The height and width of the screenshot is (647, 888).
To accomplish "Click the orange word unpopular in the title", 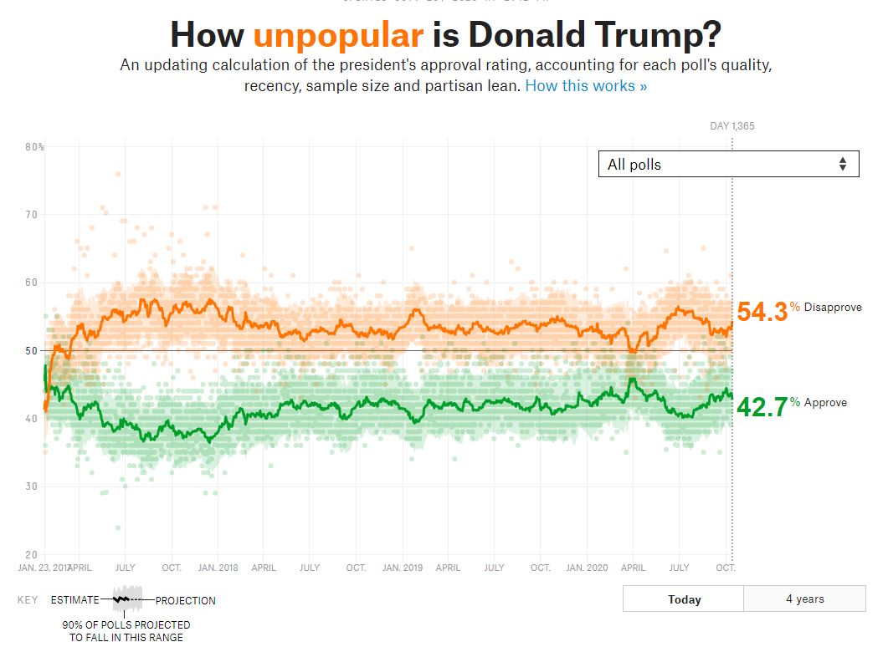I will pos(338,35).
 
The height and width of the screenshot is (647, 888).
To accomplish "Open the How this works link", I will pos(586,85).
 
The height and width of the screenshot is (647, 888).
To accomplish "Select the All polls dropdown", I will pos(728,164).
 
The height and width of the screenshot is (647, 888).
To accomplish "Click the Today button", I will pos(684,599).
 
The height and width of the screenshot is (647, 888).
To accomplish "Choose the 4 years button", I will pos(804,599).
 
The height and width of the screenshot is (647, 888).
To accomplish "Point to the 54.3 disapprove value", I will pos(762,312).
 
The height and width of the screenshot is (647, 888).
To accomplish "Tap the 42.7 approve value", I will pos(762,407).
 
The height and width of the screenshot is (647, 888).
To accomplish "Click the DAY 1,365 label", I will pos(731,126).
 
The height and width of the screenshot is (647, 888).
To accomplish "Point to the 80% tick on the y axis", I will pos(34,147).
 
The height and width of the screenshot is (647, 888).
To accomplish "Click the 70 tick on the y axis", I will pos(33,215).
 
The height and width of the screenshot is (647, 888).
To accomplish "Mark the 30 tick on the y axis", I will pos(33,487).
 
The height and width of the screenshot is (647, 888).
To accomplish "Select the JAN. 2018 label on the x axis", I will pos(218,568).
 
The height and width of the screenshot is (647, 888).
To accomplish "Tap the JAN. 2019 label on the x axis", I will pos(403,568).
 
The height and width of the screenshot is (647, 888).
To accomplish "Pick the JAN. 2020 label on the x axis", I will pos(587,568).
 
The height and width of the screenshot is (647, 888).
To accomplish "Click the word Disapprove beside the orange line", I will pos(833,308).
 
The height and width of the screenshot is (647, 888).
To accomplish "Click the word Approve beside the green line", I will pos(825,402).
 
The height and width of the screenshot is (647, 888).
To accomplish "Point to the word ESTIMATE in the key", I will pos(75,600).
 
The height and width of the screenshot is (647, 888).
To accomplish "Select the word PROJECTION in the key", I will pos(185,600).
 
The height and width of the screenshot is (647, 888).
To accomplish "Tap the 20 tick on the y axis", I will pos(33,554).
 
